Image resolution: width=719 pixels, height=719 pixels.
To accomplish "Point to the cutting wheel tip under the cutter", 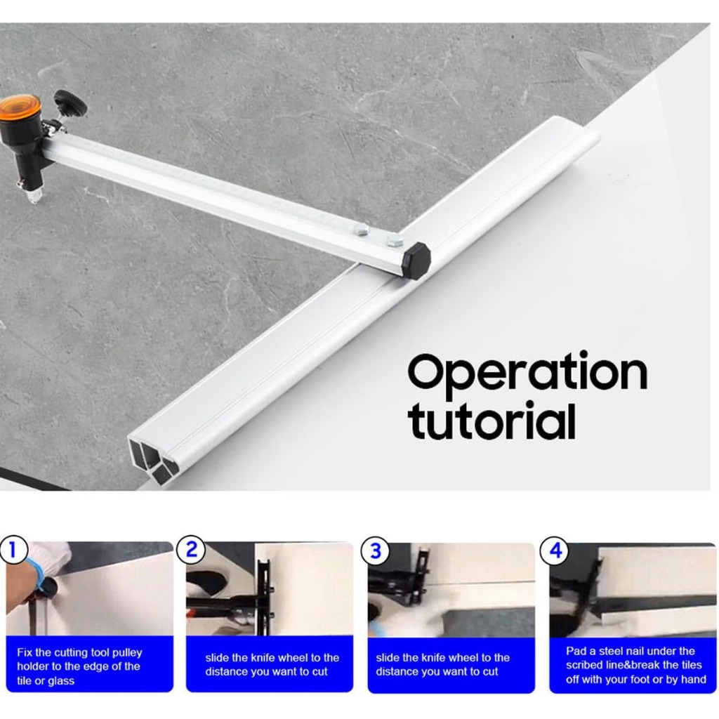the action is pos(34,197).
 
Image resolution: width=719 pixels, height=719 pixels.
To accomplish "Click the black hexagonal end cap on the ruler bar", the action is pos(416,261).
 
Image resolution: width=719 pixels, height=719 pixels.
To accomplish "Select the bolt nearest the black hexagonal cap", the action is pos(395,240).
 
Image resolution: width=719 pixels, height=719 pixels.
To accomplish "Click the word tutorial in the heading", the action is pos(492,422).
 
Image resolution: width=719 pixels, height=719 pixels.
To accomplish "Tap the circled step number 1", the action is pos(13,549).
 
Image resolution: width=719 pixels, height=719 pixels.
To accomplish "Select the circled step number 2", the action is pos(191,549).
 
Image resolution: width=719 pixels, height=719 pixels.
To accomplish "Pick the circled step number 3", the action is pos(375,550).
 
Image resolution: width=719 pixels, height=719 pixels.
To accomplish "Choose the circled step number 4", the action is pos(555,550).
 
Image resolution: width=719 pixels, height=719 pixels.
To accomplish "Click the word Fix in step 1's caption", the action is pos(25,652).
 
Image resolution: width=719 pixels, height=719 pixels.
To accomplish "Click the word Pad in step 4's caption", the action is pos(576,651).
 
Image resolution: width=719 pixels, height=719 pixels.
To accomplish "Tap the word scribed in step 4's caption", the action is pos(583,666).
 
